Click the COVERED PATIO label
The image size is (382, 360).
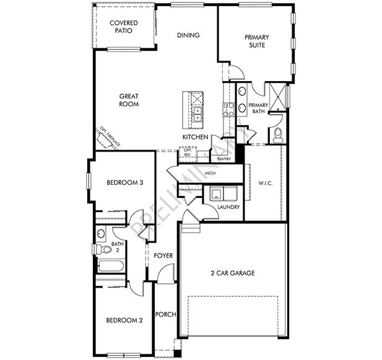pyautogui.click(x=123, y=27)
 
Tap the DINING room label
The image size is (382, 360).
pyautogui.click(x=188, y=35)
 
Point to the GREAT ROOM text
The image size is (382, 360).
pyautogui.click(x=129, y=100)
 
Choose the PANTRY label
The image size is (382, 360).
pyautogui.click(x=224, y=159)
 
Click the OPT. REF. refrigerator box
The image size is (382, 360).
pyautogui.click(x=186, y=152)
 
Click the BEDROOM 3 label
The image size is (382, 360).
pyautogui.click(x=124, y=182)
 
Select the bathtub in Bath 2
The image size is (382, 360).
pyautogui.click(x=111, y=267)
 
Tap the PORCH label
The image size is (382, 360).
pyautogui.click(x=166, y=314)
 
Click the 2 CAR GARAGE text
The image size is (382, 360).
pyautogui.click(x=232, y=273)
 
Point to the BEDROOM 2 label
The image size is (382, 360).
pyautogui.click(x=124, y=320)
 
